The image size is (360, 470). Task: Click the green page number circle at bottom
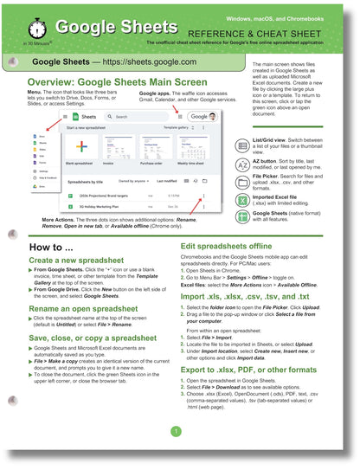click(175, 431)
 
